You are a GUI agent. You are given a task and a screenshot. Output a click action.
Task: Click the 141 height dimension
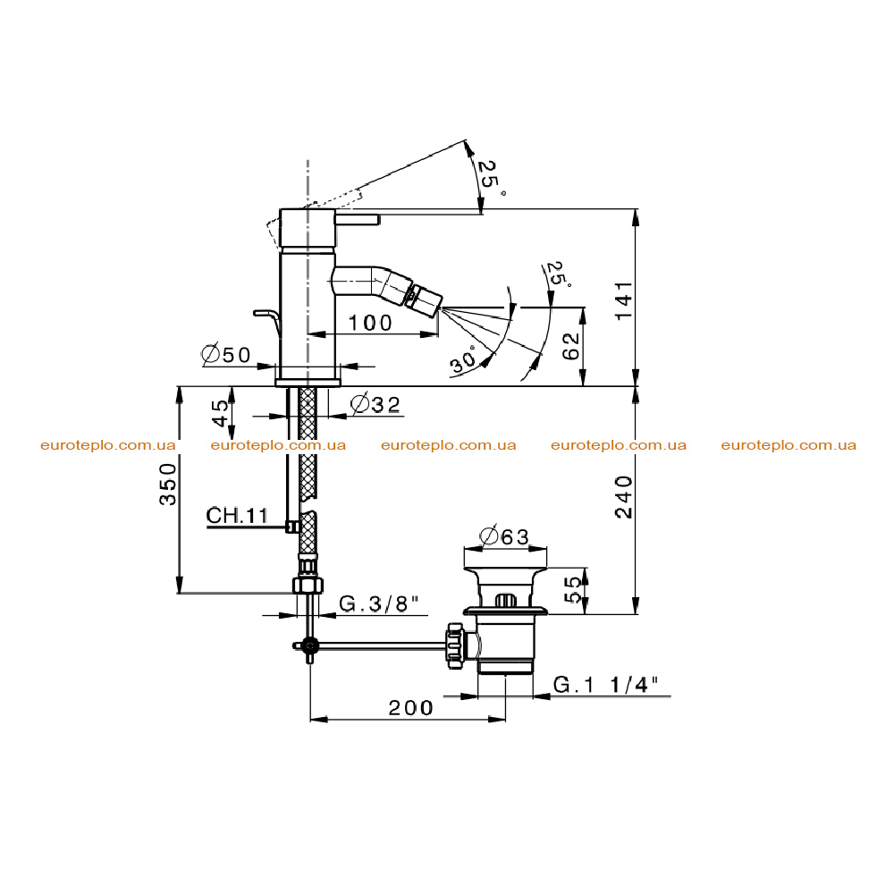624,299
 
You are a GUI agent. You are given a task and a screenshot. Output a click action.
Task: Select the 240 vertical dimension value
624,497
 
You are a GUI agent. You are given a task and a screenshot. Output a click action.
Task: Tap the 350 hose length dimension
168,484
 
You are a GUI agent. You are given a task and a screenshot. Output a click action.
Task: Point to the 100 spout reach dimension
370,324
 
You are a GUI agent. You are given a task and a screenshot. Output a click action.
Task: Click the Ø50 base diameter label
226,355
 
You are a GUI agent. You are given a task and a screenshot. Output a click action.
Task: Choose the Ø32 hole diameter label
375,404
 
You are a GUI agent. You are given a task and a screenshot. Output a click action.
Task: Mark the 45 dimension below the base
220,413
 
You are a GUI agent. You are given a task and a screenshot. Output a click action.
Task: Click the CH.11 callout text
237,516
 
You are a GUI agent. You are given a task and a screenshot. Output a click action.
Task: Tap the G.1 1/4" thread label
605,684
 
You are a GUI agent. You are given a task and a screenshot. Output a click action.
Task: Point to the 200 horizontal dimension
410,708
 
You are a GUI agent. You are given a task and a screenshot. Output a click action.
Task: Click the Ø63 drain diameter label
504,536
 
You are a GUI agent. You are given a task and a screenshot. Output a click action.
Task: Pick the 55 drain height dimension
573,589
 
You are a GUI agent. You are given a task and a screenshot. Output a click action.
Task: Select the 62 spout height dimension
570,346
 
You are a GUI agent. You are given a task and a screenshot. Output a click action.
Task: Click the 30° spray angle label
463,359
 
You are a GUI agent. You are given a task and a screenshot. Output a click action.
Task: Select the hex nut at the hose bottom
308,585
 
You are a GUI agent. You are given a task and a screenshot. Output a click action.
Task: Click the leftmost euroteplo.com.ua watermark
108,445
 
